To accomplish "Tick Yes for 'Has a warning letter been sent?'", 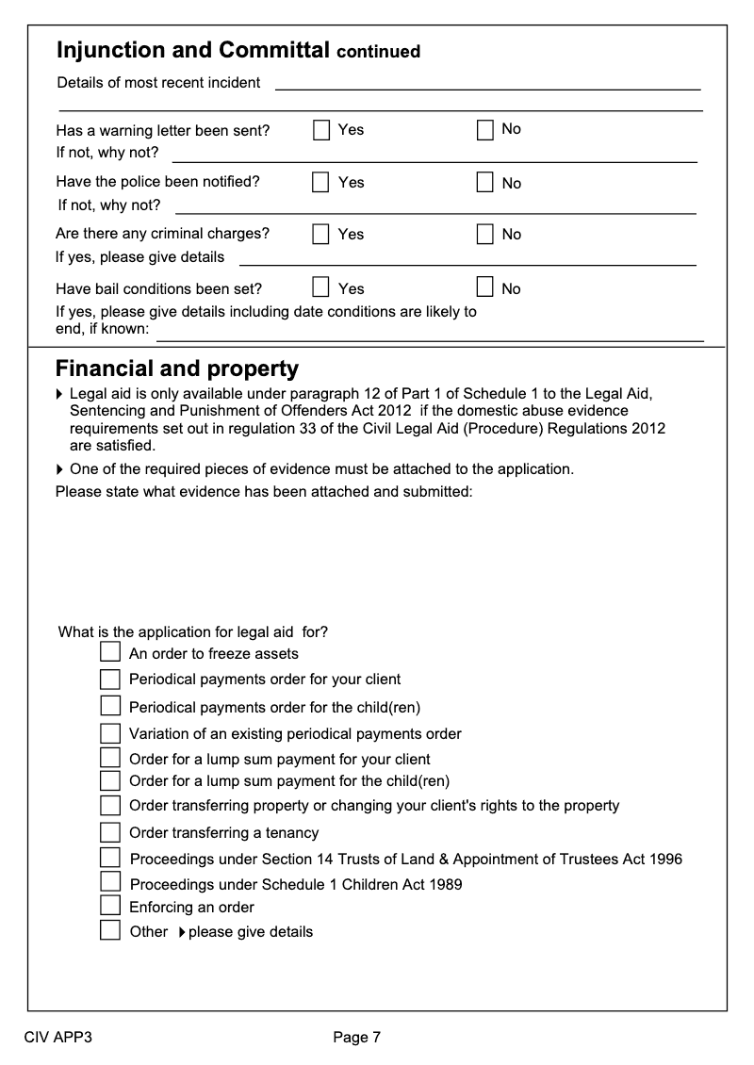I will coord(322,129).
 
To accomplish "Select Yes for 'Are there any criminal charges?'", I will coord(322,234).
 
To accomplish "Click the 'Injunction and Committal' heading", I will coord(192,50).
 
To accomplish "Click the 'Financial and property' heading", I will coord(177,369).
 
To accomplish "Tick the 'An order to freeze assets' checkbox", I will coord(110,652).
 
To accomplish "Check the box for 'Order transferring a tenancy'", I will coord(110,831).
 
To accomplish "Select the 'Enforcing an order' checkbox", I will coord(110,906).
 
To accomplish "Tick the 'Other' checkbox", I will coord(110,931).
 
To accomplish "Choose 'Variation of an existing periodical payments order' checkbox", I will coord(110,732).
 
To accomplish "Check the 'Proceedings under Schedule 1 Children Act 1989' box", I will coord(110,882).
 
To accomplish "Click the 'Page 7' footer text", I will coord(356,1038).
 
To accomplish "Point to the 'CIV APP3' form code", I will coord(57,1038).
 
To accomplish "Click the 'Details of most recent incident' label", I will coord(158,83).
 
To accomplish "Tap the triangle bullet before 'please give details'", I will coord(181,932).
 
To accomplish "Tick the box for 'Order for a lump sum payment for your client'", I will coord(110,758).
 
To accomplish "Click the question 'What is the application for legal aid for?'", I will coord(193,631).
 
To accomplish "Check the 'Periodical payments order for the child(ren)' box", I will coord(110,706).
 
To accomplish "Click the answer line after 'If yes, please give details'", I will coord(467,263).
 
